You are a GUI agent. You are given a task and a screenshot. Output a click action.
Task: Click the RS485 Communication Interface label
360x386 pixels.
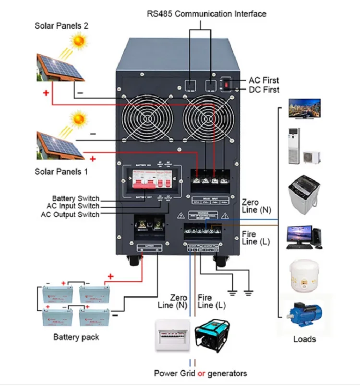click(x=206, y=14)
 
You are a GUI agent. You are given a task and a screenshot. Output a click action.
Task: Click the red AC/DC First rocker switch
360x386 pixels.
click(x=225, y=84)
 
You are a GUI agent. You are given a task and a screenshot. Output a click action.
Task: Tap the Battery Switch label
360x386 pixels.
click(x=76, y=199)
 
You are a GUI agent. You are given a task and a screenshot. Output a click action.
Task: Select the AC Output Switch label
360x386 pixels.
click(x=70, y=214)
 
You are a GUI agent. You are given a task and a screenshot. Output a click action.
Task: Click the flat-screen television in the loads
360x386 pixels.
click(x=304, y=107)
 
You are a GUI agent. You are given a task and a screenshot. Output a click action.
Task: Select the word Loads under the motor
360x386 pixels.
click(x=304, y=339)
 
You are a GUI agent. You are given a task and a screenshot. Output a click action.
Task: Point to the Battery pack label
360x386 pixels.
click(x=76, y=337)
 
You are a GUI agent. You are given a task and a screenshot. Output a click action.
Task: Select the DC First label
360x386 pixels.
click(x=264, y=90)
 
